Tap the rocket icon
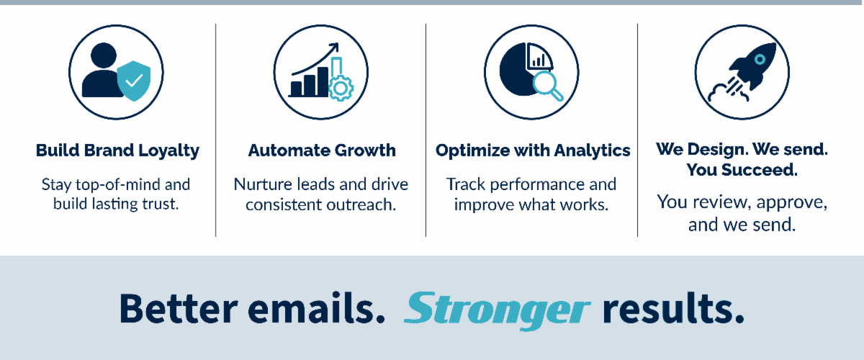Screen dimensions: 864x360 coord(743,73)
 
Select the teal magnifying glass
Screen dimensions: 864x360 coord(548,86)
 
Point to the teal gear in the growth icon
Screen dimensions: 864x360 coord(340,89)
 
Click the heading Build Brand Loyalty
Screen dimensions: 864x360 coord(117,150)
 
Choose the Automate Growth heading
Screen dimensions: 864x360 coord(322,150)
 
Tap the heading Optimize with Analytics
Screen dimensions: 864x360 coord(533,150)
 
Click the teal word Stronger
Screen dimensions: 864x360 coord(497,310)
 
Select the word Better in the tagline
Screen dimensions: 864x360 coord(179,309)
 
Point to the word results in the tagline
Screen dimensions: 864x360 coord(673,308)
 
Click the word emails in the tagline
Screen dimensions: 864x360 coord(316,308)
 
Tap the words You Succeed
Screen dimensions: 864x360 coord(742,170)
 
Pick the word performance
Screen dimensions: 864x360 coord(537,185)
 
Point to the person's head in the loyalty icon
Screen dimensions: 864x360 coord(104,55)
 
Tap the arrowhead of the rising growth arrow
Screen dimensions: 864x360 coord(334,47)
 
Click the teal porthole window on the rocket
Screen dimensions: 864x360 coord(760,60)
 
